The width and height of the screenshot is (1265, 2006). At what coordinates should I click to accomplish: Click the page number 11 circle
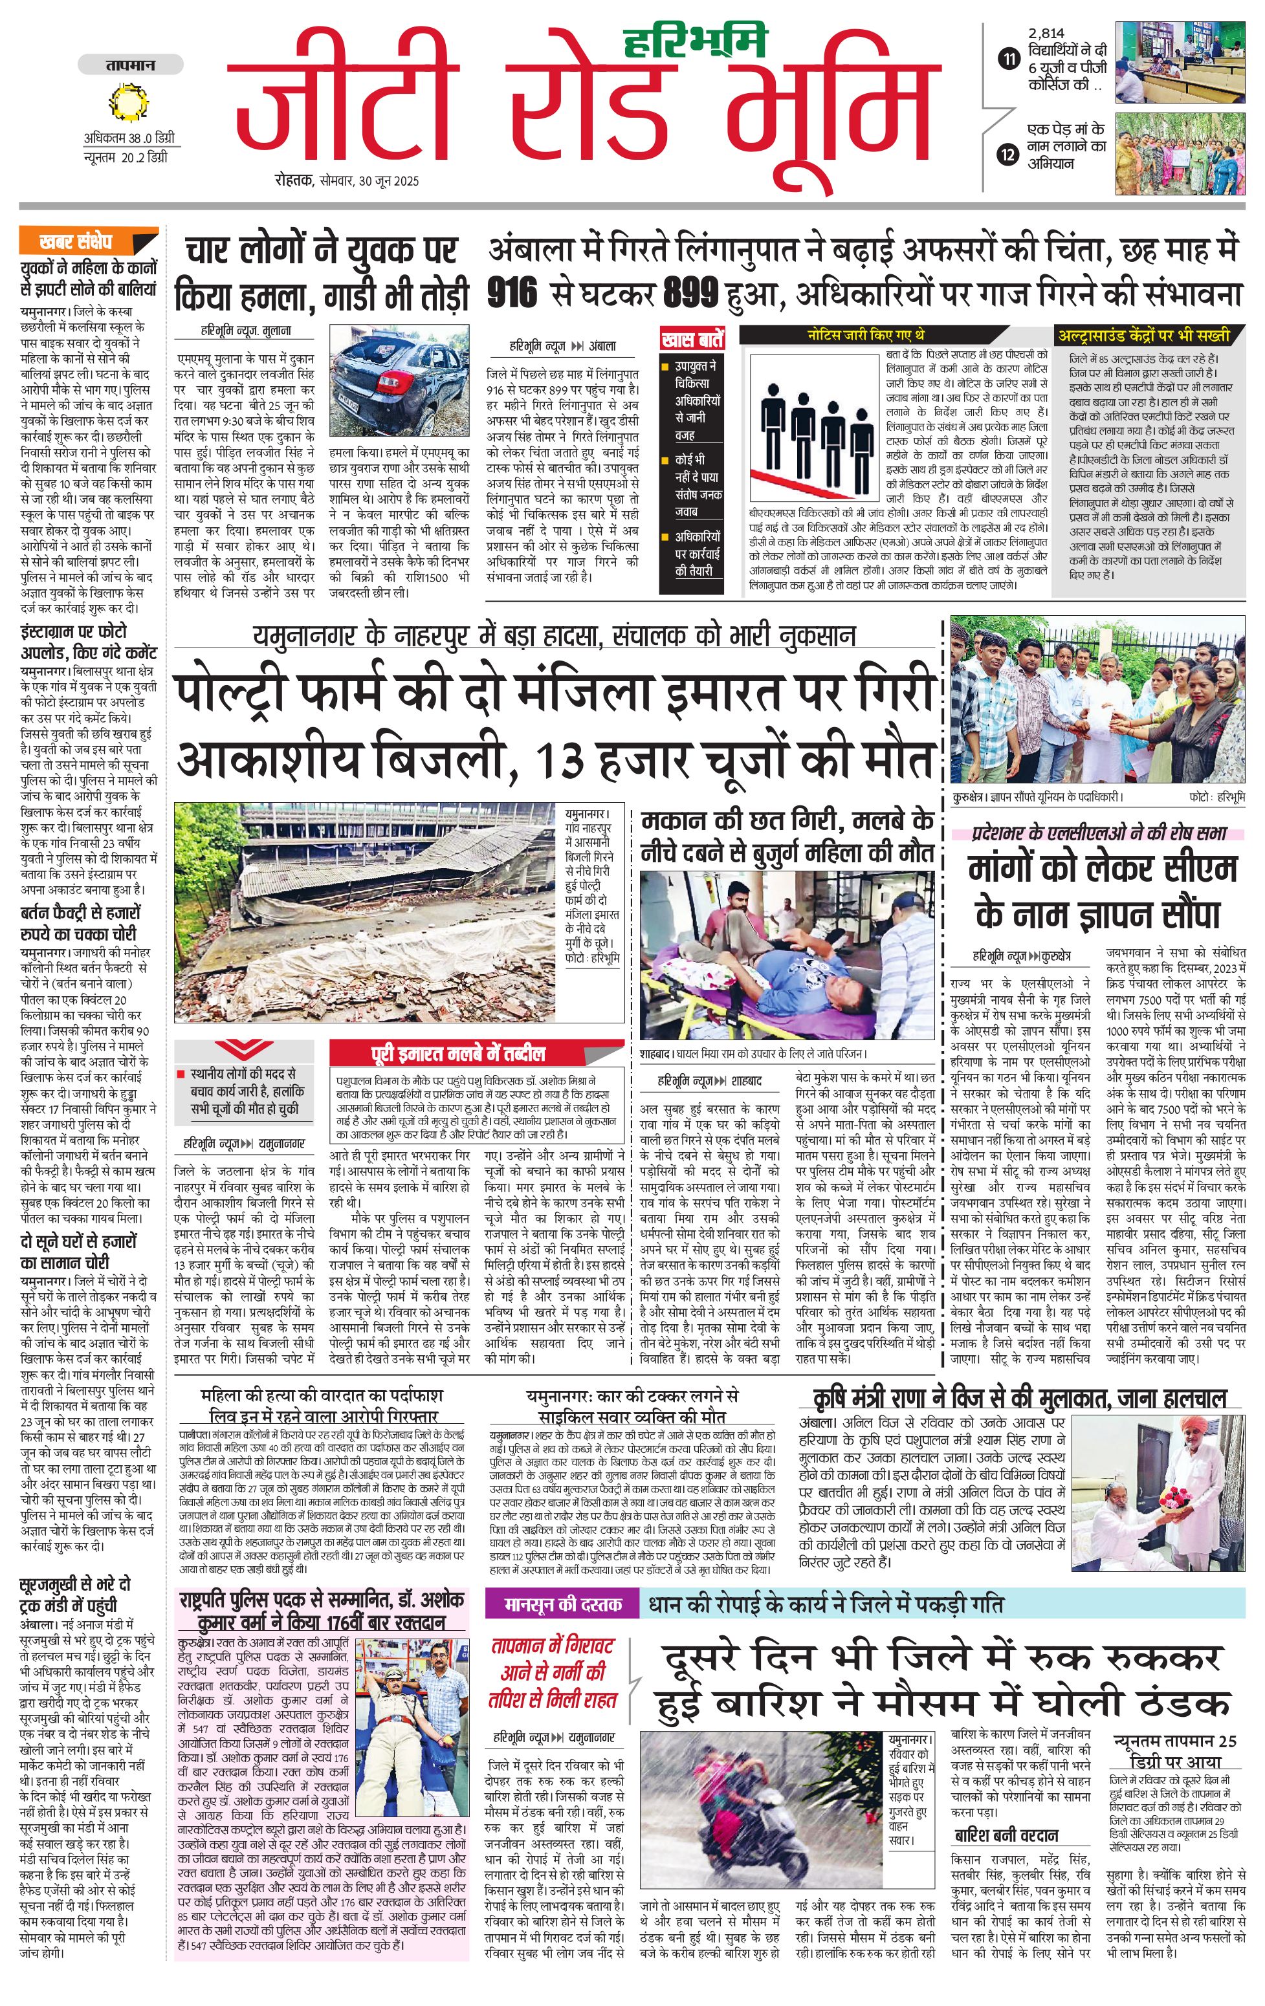1009,59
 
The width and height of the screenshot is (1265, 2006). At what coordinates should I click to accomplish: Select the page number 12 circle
1009,154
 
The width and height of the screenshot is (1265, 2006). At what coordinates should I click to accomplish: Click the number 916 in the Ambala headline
512,293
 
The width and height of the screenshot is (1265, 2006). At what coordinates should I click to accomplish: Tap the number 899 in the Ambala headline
691,293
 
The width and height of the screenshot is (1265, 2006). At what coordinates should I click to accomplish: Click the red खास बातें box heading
692,339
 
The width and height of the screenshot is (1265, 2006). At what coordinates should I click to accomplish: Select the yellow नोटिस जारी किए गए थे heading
864,335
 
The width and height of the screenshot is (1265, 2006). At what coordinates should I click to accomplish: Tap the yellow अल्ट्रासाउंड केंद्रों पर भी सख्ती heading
1143,336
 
